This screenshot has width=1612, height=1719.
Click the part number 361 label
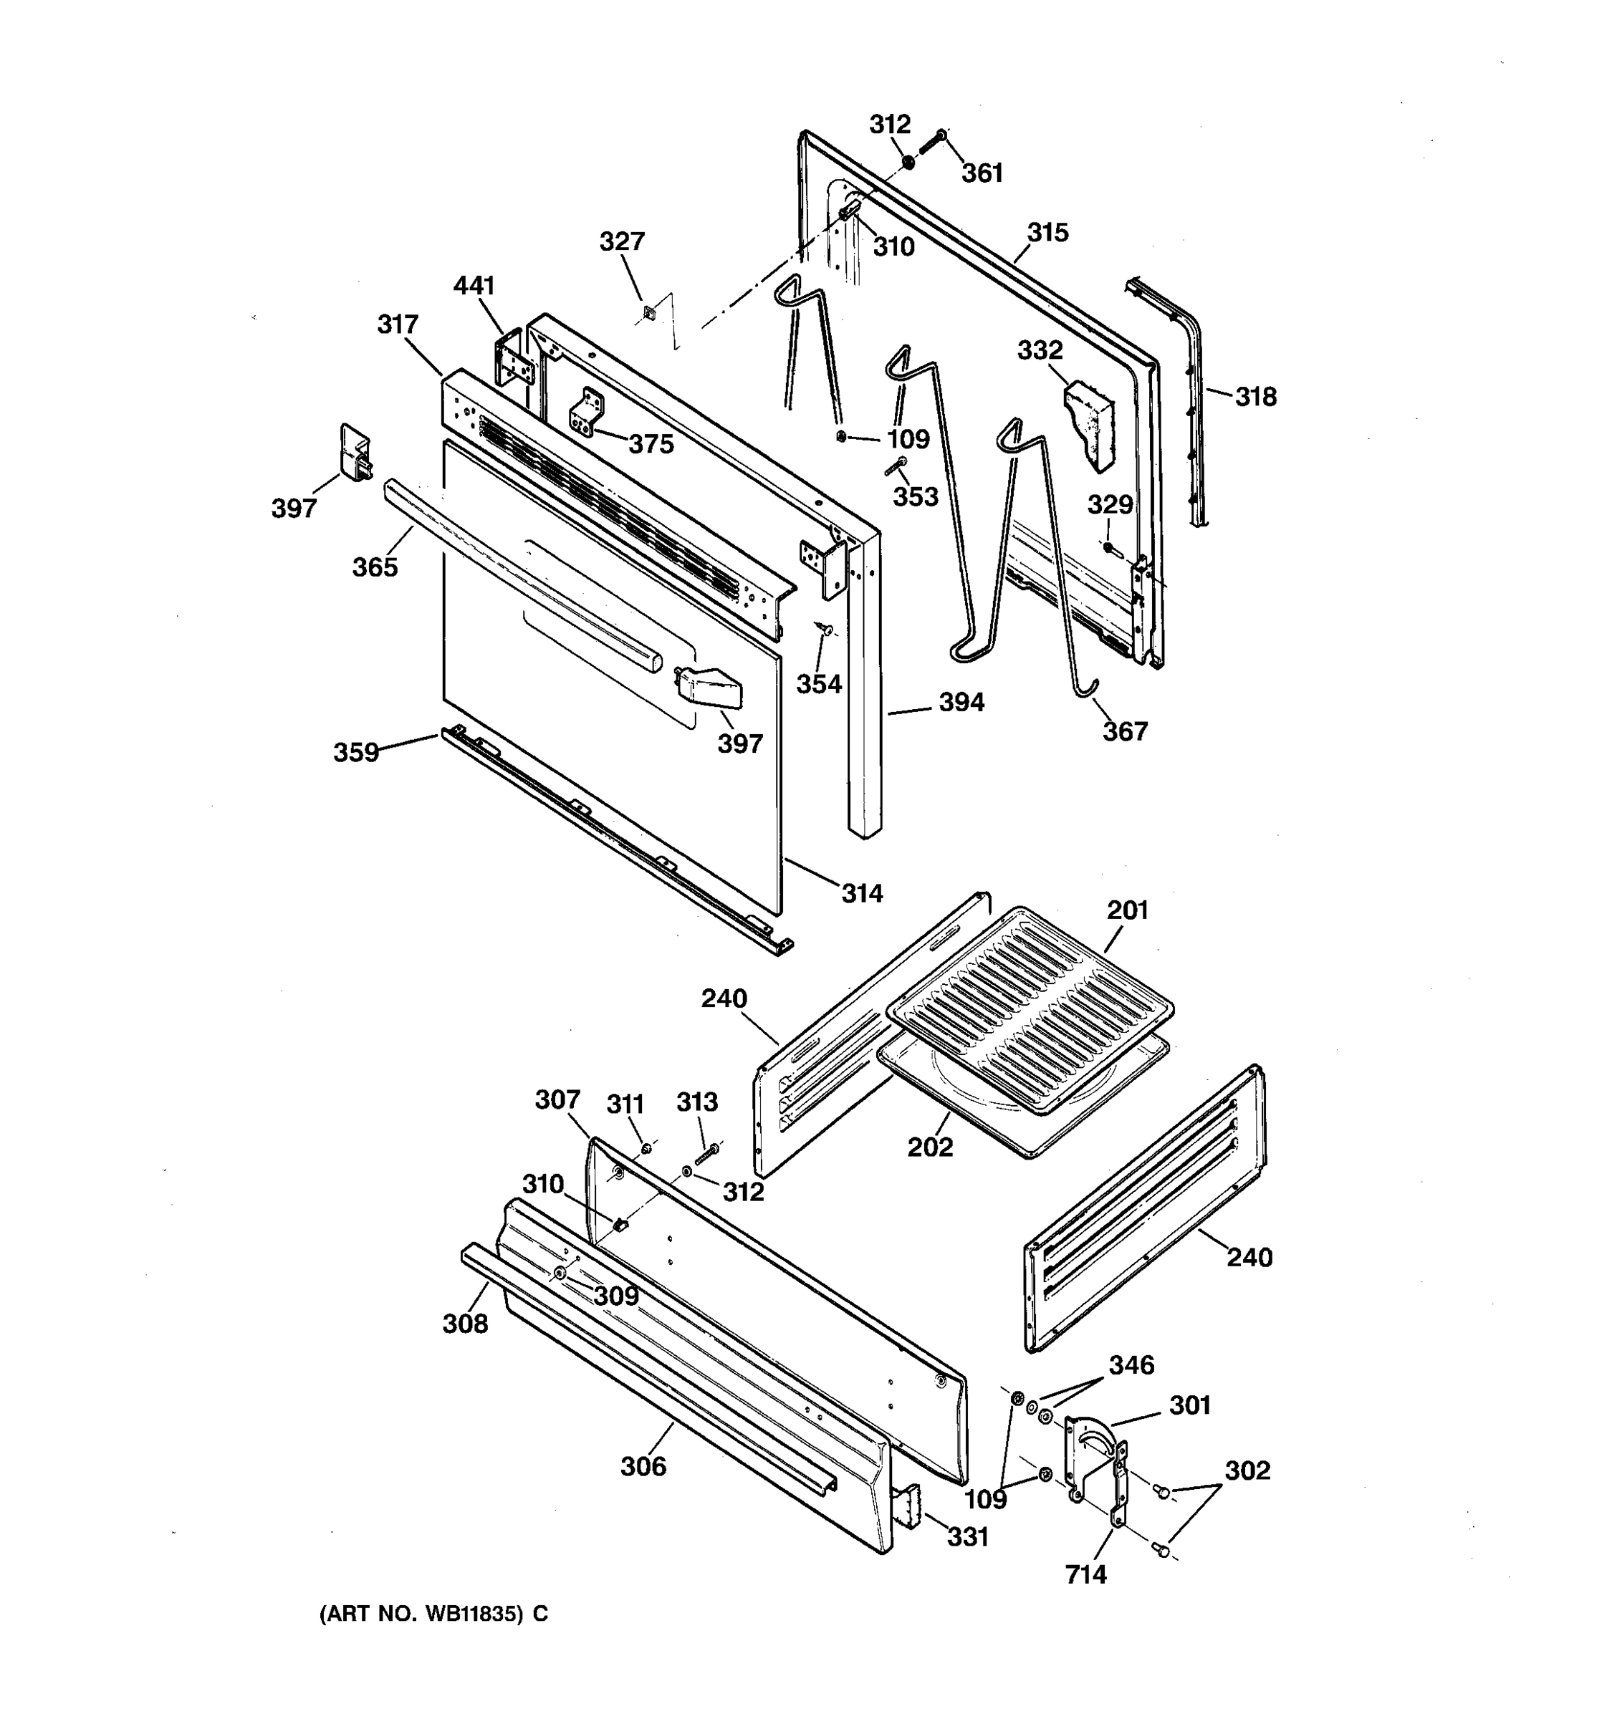(x=982, y=173)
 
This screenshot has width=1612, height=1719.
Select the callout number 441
(x=474, y=285)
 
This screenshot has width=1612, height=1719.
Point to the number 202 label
(x=930, y=1147)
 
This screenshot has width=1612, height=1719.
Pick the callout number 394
(x=961, y=702)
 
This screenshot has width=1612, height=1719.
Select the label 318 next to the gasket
(x=1254, y=397)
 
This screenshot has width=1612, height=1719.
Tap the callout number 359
(x=356, y=752)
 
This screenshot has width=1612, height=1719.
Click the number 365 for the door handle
(x=375, y=567)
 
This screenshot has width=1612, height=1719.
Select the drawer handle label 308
(x=465, y=1323)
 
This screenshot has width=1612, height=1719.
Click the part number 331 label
(x=967, y=1536)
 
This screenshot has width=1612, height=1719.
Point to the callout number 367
(x=1124, y=731)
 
